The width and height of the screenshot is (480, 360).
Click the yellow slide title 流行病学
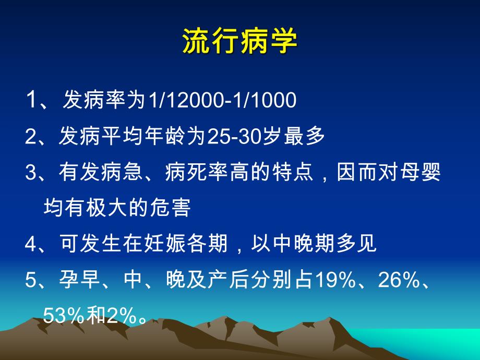[x=239, y=41]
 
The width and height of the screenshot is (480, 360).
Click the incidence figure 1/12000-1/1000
[x=222, y=100]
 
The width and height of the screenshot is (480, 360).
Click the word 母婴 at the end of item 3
[x=424, y=173]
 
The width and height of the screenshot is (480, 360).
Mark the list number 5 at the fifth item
[x=29, y=281]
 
